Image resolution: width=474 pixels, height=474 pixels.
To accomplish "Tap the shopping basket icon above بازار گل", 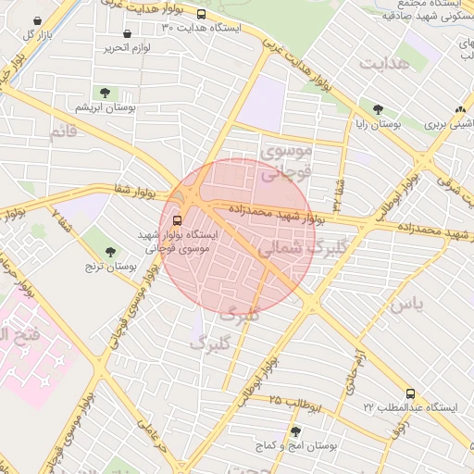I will [x=36, y=20].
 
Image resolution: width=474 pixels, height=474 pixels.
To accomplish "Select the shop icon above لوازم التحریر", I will [x=126, y=33].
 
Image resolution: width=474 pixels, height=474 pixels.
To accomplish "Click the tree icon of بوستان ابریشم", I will [x=104, y=92].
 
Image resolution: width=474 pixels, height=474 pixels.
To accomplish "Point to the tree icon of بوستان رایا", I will [x=379, y=107].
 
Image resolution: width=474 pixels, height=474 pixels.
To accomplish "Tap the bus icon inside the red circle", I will [x=177, y=220].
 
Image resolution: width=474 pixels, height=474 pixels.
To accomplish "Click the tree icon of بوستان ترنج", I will [x=111, y=252].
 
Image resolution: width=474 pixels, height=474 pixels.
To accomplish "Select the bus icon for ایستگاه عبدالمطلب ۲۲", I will [x=410, y=393].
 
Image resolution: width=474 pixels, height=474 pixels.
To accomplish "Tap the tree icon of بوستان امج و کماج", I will [x=295, y=431].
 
